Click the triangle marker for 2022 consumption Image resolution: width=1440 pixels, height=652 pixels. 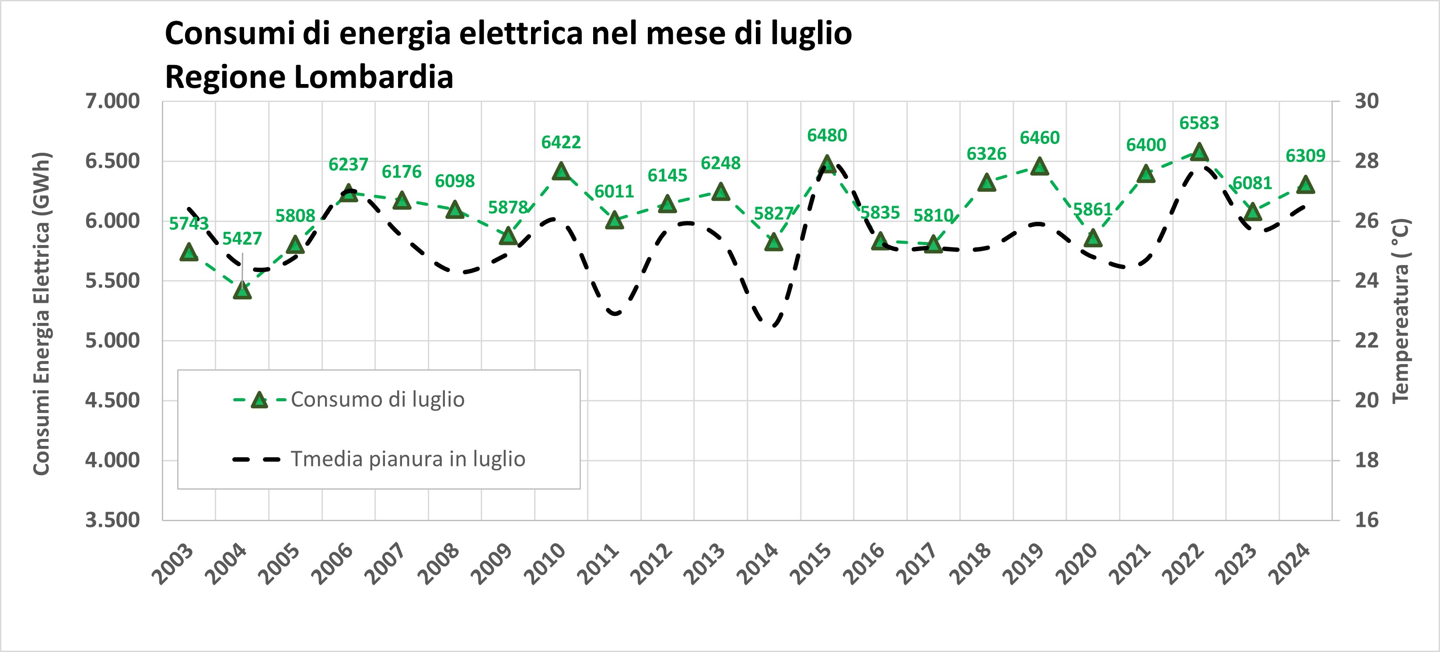(x=1199, y=152)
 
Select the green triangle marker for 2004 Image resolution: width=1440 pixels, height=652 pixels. (x=242, y=290)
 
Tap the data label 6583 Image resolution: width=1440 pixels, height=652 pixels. (x=1199, y=123)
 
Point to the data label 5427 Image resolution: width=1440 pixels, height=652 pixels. (x=242, y=239)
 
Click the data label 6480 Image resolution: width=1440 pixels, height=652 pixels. (x=827, y=135)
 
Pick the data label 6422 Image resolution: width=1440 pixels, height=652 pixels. (x=561, y=143)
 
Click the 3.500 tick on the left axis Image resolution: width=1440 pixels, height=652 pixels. (x=112, y=520)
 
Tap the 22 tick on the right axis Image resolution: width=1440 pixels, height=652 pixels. (x=1367, y=340)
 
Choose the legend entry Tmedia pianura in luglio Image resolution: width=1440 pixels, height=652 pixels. (x=408, y=459)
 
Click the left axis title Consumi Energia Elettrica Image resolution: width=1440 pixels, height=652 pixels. (x=42, y=313)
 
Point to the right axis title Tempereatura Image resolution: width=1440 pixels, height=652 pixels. (x=1400, y=310)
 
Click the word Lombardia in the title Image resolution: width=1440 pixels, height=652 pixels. (x=373, y=77)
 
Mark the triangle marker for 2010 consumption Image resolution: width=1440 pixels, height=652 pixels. (x=561, y=172)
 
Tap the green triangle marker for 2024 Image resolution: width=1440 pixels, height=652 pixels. (x=1305, y=185)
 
